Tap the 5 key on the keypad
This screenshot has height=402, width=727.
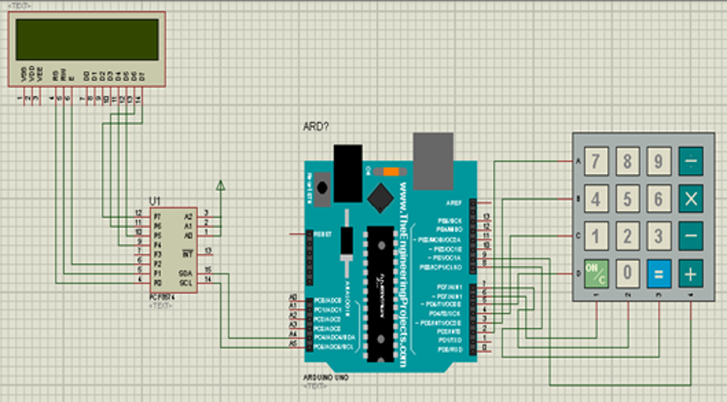pos(628,199)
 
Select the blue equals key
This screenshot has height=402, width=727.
pos(658,273)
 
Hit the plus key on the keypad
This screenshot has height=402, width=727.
pos(690,273)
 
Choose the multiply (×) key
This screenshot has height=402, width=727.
pos(690,199)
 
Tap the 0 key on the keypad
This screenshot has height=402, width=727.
pos(628,273)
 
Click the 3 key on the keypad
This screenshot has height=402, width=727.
pos(658,236)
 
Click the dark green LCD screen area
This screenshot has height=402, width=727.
pos(87,40)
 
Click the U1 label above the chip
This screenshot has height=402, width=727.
pos(156,200)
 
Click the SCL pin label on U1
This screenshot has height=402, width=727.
pos(185,282)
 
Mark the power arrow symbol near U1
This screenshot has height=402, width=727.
pos(220,186)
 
